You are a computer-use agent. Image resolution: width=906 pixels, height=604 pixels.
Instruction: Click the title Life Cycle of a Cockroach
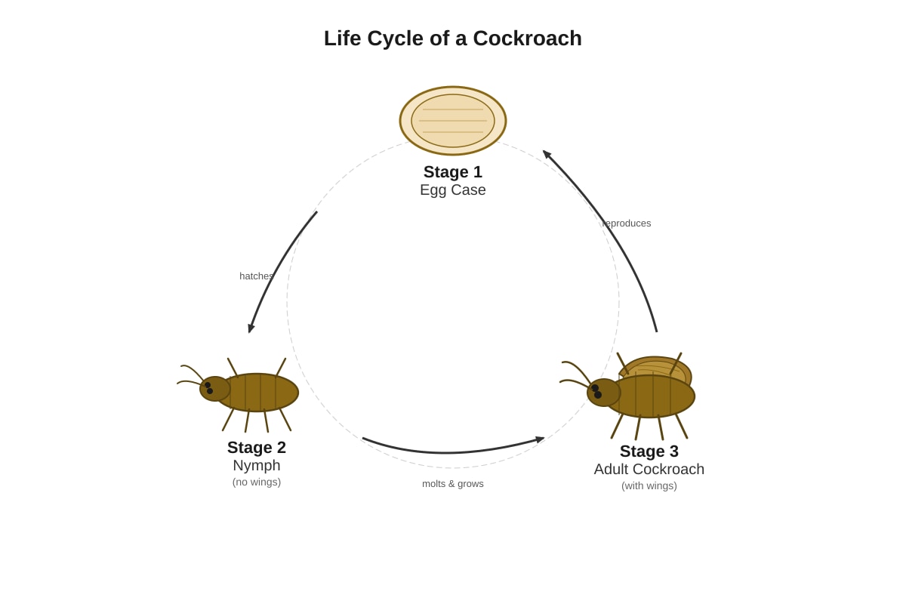(x=452, y=39)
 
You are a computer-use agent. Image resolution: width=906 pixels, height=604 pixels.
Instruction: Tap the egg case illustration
(x=452, y=121)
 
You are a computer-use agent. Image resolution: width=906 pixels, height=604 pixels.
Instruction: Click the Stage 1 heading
(x=452, y=172)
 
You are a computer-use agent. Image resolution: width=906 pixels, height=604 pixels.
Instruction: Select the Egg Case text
(x=452, y=190)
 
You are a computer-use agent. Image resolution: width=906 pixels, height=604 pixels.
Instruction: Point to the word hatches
(x=257, y=276)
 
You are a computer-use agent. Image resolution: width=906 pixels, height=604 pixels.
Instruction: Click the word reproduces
(x=627, y=223)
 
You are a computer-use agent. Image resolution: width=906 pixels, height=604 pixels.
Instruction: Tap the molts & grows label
(x=452, y=484)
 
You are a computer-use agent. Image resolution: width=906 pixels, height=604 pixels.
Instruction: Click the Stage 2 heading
(x=257, y=448)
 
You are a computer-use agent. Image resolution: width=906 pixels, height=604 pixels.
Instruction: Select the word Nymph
(x=257, y=465)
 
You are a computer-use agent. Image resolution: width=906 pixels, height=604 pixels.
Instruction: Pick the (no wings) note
(x=257, y=482)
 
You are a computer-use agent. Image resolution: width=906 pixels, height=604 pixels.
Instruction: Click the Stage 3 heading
(x=649, y=451)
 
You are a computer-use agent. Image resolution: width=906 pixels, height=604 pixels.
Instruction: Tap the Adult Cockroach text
(x=649, y=470)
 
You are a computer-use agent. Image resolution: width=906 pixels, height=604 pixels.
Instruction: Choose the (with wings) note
(x=649, y=486)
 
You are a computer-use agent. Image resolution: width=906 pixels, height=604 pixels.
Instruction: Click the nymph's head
(x=214, y=389)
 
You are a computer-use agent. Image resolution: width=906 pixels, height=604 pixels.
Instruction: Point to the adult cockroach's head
(x=603, y=393)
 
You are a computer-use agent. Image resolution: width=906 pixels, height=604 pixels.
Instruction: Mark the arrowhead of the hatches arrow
(x=251, y=328)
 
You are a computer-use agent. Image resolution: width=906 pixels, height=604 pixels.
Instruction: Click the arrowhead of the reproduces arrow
(x=547, y=154)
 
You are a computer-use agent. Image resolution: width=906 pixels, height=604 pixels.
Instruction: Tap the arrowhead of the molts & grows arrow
(x=540, y=439)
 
